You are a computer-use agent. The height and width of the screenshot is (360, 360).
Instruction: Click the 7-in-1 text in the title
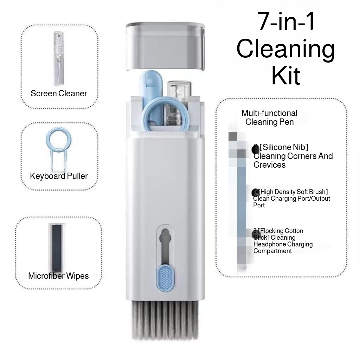point(286,22)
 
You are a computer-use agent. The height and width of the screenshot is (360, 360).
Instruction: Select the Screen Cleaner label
point(59,94)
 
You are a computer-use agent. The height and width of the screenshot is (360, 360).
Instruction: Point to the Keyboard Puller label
point(59,176)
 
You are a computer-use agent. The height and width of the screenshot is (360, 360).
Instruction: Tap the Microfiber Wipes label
point(58,276)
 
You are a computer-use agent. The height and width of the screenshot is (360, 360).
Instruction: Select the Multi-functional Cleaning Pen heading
point(269,117)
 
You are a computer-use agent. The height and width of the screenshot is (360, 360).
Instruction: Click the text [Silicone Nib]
point(283,147)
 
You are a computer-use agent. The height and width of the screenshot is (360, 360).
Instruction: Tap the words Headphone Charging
point(283,244)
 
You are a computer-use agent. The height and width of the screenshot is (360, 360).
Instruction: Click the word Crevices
point(270,165)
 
